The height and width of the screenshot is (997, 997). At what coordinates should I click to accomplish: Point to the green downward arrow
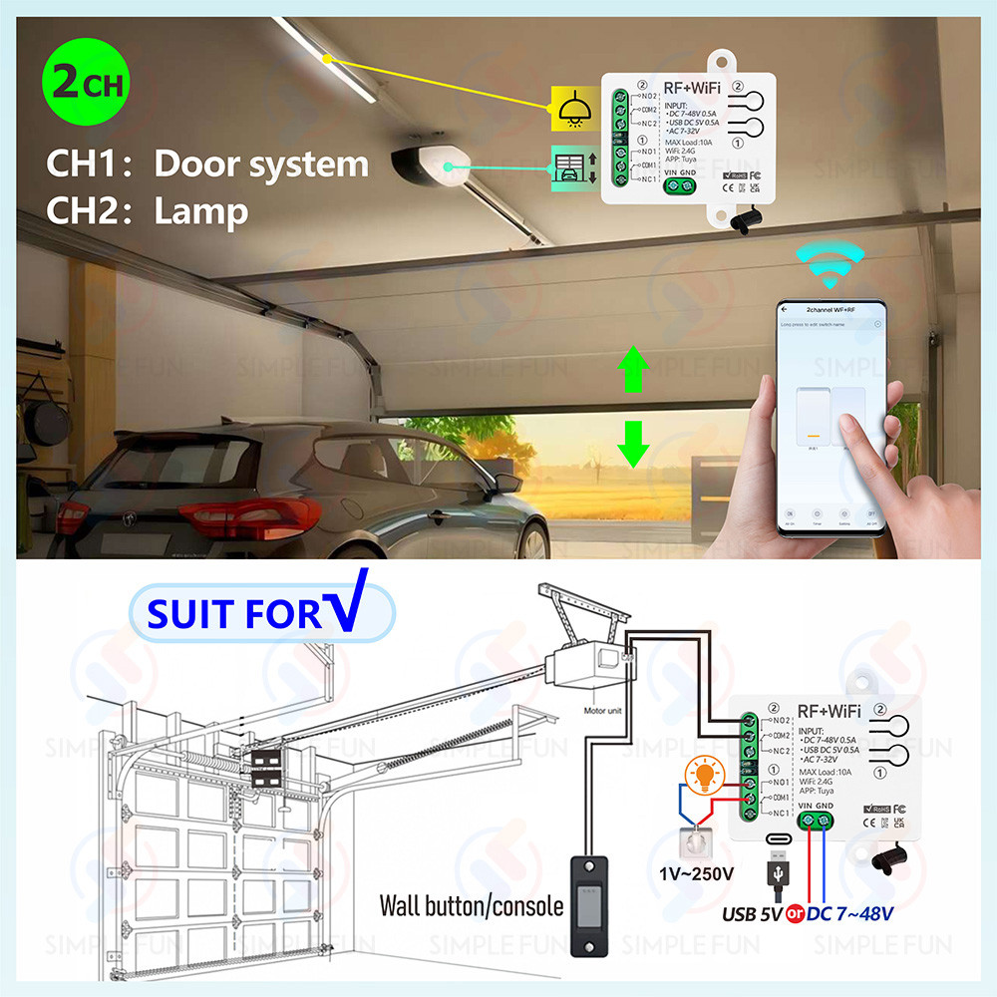629,443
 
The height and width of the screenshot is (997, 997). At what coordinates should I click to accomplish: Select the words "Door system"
261,163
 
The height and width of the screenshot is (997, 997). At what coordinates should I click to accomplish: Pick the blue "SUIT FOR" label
235,613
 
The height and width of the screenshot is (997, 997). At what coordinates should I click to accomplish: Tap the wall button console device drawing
587,902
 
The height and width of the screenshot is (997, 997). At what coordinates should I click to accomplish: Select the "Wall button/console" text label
471,906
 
